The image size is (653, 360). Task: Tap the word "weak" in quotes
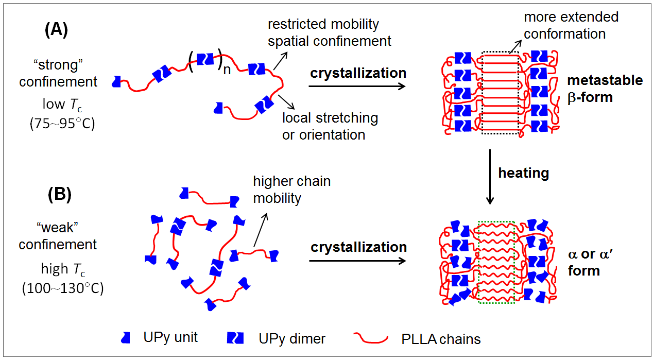57,229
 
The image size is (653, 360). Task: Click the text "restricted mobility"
323,24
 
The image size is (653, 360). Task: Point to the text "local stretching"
330,118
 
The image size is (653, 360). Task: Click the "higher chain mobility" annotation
291,190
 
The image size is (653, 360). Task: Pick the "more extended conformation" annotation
571,25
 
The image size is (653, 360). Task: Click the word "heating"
523,173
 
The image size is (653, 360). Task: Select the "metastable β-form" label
605,88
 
